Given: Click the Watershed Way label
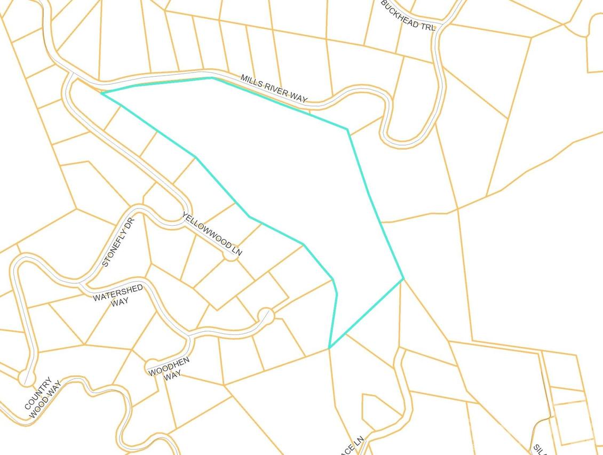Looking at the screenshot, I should pos(118,295).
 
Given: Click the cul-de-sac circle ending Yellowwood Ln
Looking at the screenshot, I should pos(230,256).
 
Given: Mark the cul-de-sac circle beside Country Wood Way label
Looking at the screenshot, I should pos(26,378).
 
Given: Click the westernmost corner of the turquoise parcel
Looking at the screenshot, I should pos(101,93).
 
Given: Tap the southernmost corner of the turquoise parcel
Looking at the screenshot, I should pos(329,348).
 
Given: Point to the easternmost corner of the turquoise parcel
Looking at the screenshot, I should pos(403,278).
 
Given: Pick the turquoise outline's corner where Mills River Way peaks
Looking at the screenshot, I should pos(212,78).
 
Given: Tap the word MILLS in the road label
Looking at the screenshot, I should pos(250,81).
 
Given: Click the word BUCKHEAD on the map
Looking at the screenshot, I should pos(399,10).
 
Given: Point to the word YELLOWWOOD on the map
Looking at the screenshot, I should pos(207,231).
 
